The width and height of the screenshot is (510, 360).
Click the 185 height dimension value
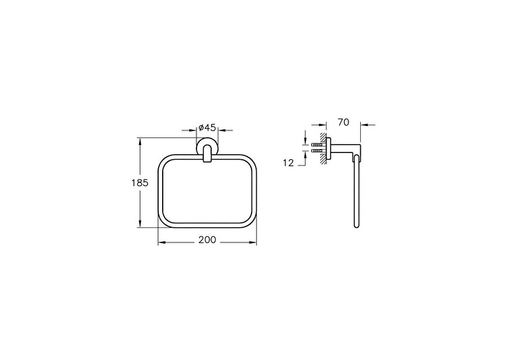[140, 183]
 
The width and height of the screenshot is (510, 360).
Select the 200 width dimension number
[207, 240]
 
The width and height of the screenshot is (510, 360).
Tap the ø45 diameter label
[207, 127]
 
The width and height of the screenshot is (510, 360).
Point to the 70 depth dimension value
[343, 122]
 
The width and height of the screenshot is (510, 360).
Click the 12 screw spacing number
[288, 163]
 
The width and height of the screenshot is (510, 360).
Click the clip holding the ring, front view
[207, 154]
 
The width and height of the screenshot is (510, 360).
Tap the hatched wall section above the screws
[323, 138]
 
